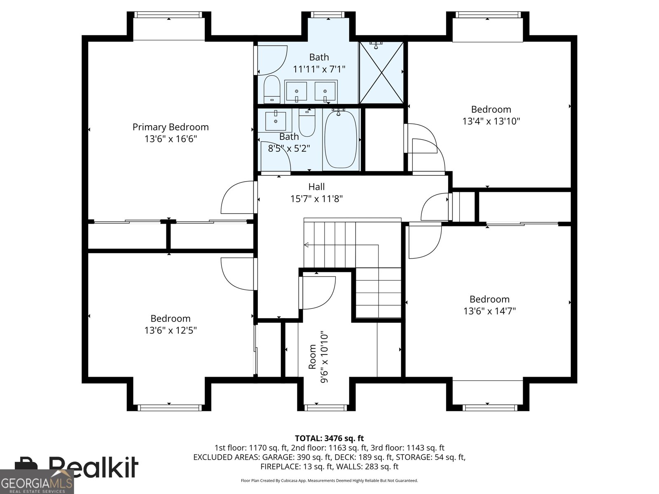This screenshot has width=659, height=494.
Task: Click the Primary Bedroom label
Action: point(171,127)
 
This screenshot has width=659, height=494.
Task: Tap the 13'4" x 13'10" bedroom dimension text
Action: point(491,121)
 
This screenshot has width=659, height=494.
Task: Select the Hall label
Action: point(316,186)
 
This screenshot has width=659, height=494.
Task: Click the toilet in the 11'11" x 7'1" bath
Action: point(272,89)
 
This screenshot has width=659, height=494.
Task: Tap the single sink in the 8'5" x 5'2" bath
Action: point(275,120)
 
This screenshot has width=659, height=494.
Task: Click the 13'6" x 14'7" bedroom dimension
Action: point(489,311)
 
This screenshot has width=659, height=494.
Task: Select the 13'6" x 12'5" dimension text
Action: point(171,330)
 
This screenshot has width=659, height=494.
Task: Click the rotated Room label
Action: point(312,357)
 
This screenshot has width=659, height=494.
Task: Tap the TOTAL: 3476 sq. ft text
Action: point(329,438)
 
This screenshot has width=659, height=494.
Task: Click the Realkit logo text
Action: point(93,467)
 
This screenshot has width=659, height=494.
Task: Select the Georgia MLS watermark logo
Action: point(37,482)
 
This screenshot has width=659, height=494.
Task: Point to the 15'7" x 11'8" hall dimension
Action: point(316,198)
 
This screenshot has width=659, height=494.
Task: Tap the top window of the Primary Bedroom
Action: point(168,15)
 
